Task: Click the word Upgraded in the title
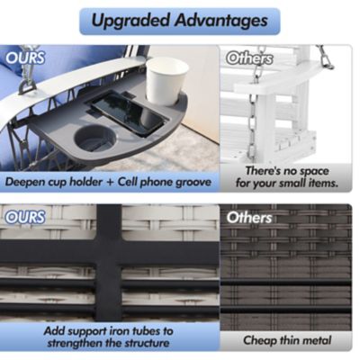[x=131, y=21]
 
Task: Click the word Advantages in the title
[x=221, y=21]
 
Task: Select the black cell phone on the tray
[x=129, y=113]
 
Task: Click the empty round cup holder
[x=94, y=139]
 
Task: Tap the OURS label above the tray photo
[x=25, y=58]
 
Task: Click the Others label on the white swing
[x=249, y=58]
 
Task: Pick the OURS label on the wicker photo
[x=25, y=217]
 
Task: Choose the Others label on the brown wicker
[x=249, y=218]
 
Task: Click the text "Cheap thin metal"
[x=287, y=340]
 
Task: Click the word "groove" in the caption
[x=193, y=183]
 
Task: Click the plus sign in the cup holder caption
[x=110, y=182]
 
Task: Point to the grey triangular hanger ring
[x=27, y=87]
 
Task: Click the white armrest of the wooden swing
[x=277, y=79]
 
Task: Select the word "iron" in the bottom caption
[x=124, y=331]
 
